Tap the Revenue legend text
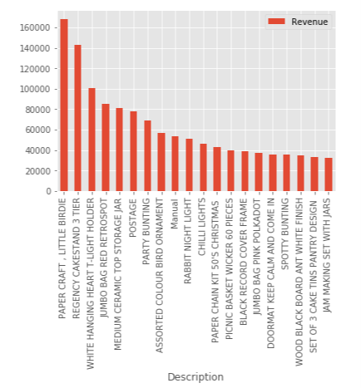pyautogui.click(x=309, y=22)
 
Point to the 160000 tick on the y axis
pyautogui.click(x=34, y=27)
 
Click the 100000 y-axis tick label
pyautogui.click(x=34, y=89)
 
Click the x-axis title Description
pyautogui.click(x=195, y=376)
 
